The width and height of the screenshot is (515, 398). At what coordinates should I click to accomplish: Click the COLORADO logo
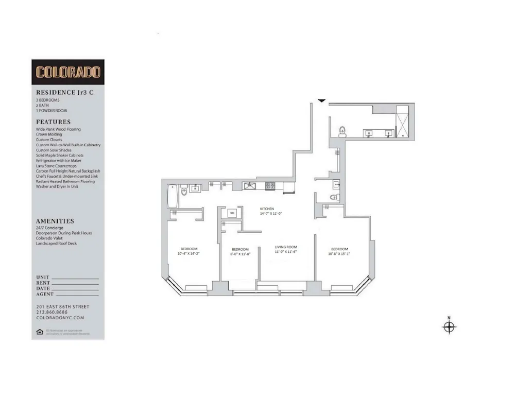pos(67,72)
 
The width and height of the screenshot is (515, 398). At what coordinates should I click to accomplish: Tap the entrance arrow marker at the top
pos(321,100)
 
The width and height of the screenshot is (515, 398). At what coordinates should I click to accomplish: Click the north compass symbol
pos(449,326)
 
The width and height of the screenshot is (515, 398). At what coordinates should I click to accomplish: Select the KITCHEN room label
pos(267,209)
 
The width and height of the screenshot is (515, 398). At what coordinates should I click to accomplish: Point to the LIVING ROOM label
pos(285,247)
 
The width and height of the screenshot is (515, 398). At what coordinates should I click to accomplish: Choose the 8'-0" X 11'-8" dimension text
pos(240,254)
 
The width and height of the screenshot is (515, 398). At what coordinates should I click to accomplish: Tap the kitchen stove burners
pos(270,185)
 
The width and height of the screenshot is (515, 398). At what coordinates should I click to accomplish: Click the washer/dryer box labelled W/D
pos(232,212)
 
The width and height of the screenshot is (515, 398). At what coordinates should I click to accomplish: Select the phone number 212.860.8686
pos(51,312)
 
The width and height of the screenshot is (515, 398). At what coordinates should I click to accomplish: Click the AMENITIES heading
pos(55,221)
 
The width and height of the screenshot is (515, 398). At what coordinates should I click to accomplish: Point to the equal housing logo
pos(39,331)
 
